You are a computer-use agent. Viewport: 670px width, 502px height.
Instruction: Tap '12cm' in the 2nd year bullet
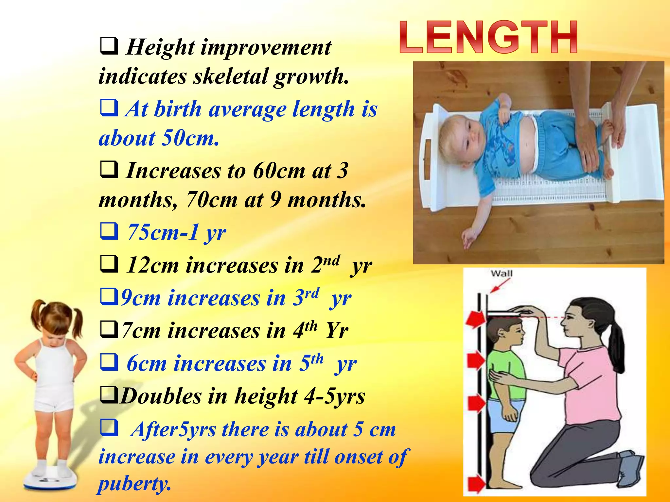point(152,265)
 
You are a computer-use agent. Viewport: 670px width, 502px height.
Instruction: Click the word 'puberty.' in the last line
point(134,483)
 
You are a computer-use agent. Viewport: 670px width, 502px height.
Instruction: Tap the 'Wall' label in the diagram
point(502,274)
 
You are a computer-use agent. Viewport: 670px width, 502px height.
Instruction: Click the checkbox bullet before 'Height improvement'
point(109,46)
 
